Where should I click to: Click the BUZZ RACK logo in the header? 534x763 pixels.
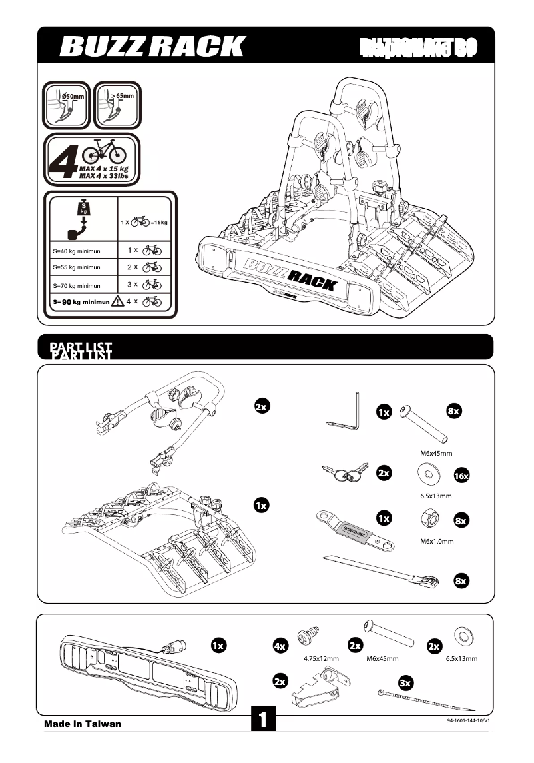152,47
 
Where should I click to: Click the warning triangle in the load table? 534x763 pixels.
118,301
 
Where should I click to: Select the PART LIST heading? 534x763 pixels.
81,349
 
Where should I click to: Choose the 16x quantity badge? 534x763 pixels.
461,476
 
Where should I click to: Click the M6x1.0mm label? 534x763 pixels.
436,542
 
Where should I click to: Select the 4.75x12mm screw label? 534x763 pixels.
321,659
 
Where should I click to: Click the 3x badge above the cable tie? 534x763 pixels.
405,683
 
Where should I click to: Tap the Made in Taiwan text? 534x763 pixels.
83,724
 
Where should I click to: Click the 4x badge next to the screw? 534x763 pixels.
280,646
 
